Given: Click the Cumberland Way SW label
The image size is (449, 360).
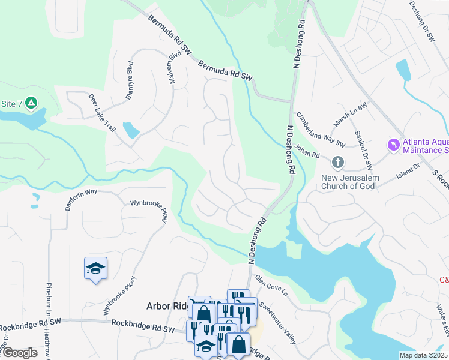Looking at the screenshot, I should (x=321, y=130).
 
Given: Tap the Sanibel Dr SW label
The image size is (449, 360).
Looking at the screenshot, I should (x=364, y=149).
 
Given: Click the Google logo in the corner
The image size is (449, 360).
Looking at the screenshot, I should (x=19, y=353).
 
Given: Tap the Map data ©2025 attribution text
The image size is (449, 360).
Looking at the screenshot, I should (x=424, y=355).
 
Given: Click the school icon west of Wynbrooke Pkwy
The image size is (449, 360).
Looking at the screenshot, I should (x=95, y=268).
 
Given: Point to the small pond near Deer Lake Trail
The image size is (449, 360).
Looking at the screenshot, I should (x=130, y=130).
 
